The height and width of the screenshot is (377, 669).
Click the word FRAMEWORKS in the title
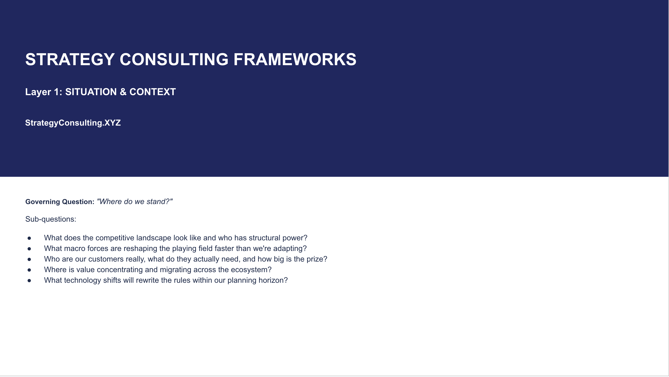click(295, 60)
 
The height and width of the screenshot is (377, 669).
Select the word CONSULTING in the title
click(174, 60)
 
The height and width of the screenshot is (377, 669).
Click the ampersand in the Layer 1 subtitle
click(123, 92)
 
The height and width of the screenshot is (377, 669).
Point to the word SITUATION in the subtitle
click(91, 92)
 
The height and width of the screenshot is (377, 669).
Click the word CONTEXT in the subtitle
click(153, 92)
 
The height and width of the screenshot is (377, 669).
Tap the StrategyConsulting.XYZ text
click(73, 123)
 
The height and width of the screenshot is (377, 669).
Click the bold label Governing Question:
click(60, 202)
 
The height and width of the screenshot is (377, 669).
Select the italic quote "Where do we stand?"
click(135, 202)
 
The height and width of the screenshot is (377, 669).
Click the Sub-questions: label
click(51, 219)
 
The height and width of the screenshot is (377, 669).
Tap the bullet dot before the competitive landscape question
click(29, 238)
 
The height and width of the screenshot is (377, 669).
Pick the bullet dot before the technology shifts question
click(29, 280)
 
